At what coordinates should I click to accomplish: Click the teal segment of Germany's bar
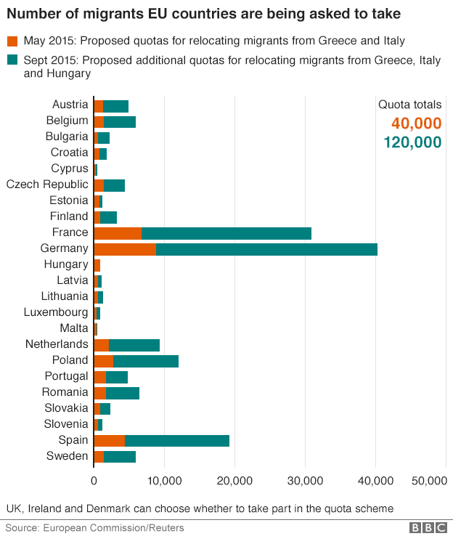pyautogui.click(x=266, y=249)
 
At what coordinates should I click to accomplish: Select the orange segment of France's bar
pyautogui.click(x=118, y=233)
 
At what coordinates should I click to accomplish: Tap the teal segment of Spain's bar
pyautogui.click(x=177, y=441)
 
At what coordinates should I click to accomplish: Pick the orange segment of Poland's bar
pyautogui.click(x=103, y=361)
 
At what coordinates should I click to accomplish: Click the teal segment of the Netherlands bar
pyautogui.click(x=134, y=345)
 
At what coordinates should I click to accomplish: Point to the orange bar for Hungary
pyautogui.click(x=97, y=265)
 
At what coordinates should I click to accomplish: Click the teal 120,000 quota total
pyautogui.click(x=412, y=142)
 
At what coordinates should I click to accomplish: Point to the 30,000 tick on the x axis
pyautogui.click(x=305, y=480)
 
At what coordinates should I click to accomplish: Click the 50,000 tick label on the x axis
pyautogui.click(x=428, y=480)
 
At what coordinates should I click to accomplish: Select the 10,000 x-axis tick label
pyautogui.click(x=164, y=480)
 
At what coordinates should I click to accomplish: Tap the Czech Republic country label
pyautogui.click(x=47, y=184)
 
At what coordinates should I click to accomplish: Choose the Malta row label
pyautogui.click(x=74, y=328)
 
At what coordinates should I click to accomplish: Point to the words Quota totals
pyautogui.click(x=409, y=105)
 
